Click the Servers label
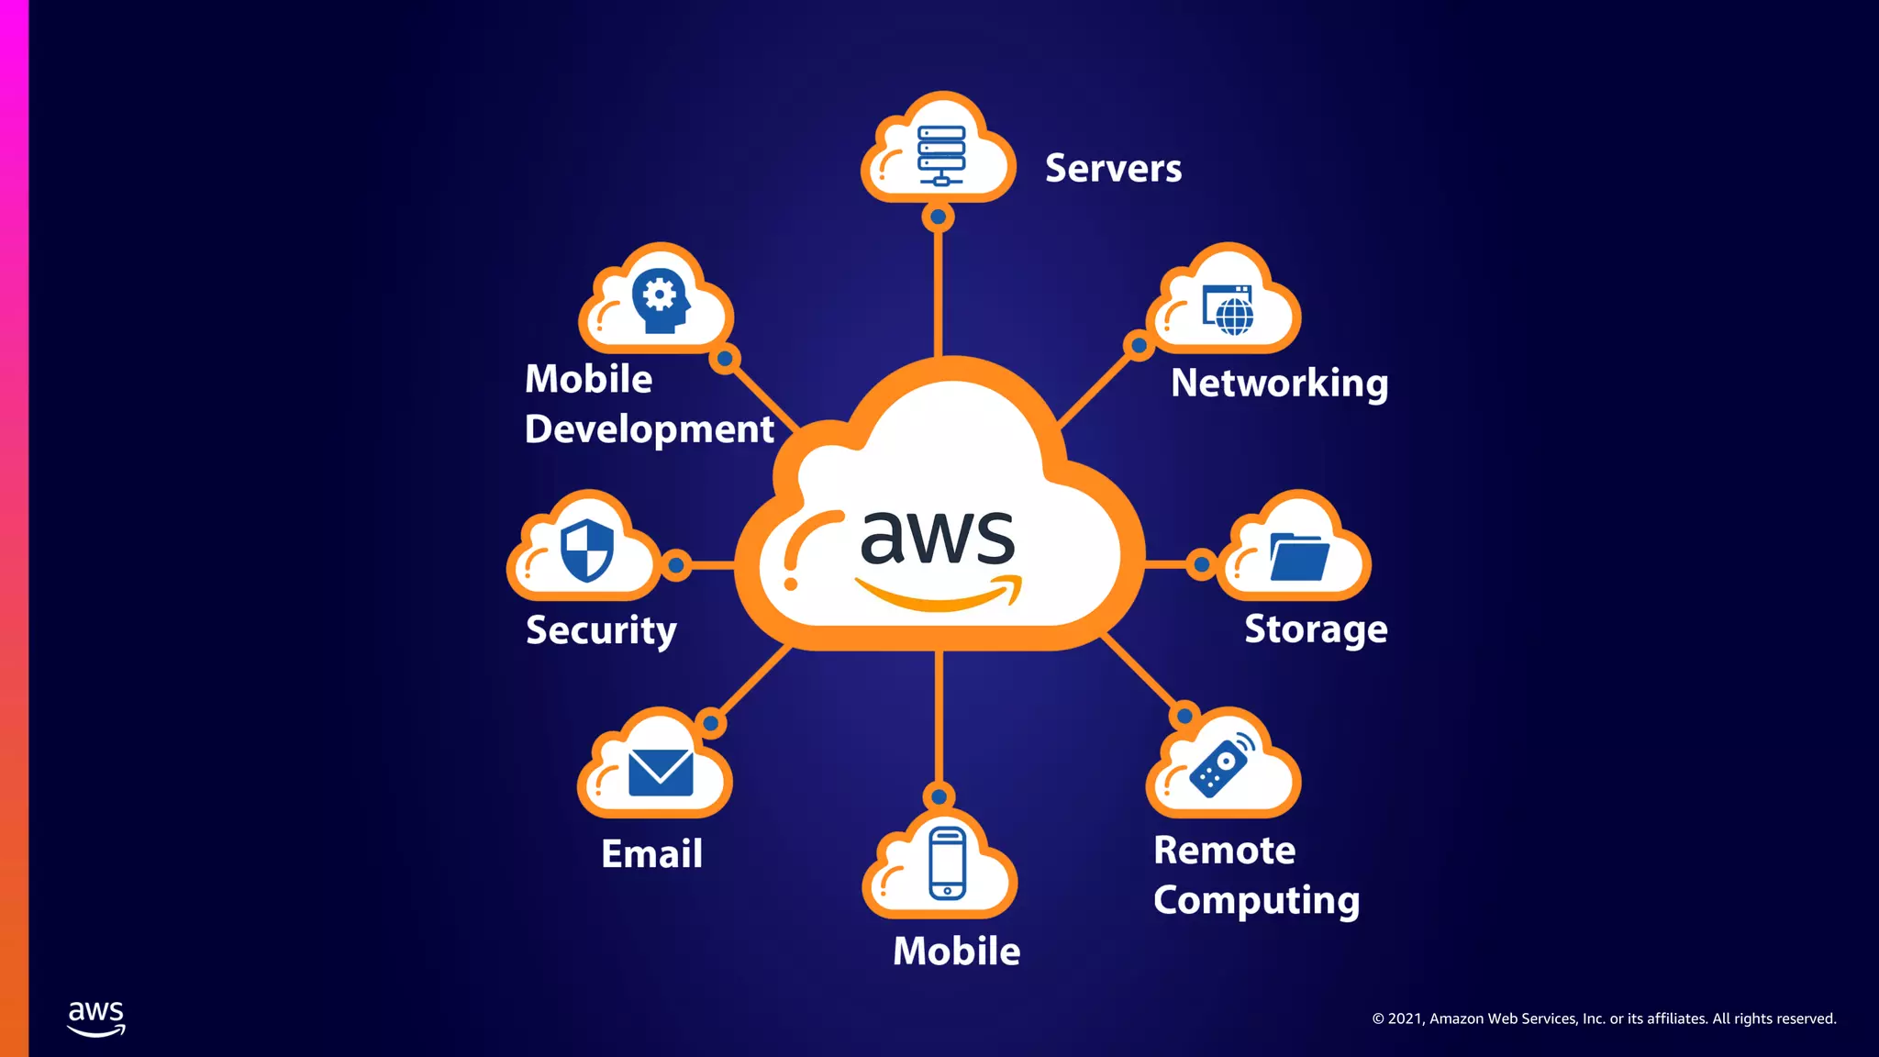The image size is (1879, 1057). point(1113,169)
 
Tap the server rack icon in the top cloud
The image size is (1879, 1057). point(941,155)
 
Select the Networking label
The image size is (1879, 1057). point(1279,384)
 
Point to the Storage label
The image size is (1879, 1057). point(1316,629)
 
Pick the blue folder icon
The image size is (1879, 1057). point(1299,557)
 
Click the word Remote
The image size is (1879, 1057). point(1224,851)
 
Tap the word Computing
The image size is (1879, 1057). point(1256,901)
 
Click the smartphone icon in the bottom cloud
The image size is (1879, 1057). point(947,862)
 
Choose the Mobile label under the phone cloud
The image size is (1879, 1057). point(956,951)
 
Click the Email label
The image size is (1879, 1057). point(651,854)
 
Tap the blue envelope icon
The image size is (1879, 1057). point(661,773)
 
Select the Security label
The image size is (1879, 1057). point(601,630)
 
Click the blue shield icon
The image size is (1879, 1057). point(587,551)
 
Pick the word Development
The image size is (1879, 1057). point(650,429)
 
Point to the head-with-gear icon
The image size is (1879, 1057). point(660,300)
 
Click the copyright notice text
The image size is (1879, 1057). point(1604,1018)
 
